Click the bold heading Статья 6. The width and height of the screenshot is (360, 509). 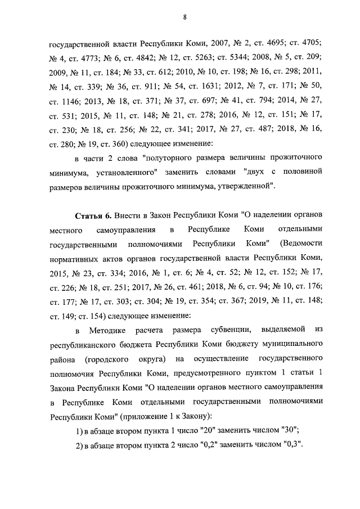click(92, 216)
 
